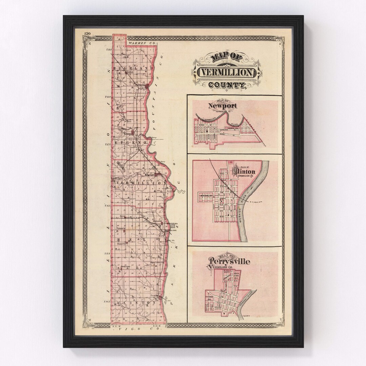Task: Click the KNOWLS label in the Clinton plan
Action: click(x=206, y=196)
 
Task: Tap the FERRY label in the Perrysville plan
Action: click(x=246, y=316)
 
